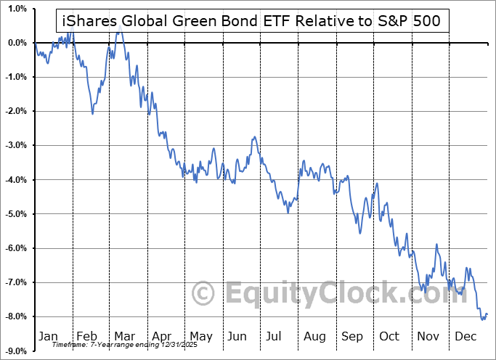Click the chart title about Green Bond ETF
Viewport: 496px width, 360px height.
click(x=252, y=21)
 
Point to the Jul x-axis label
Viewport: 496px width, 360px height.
click(x=275, y=336)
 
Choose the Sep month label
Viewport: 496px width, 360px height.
click(x=351, y=336)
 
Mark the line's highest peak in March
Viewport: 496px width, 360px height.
click(x=119, y=33)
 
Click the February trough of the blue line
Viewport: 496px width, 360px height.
click(x=93, y=113)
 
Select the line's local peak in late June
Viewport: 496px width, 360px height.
click(x=253, y=136)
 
